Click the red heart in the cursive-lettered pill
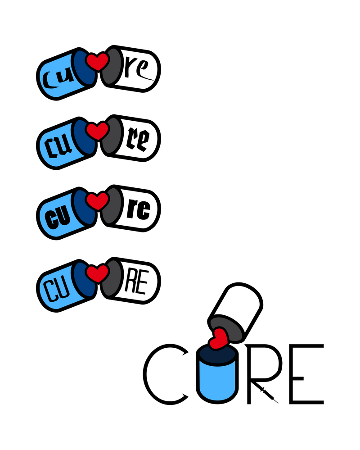[x=97, y=62]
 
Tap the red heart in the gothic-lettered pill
[x=97, y=131]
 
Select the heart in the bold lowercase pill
[x=97, y=201]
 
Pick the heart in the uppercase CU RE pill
[x=97, y=273]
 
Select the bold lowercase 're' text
[x=138, y=210]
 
